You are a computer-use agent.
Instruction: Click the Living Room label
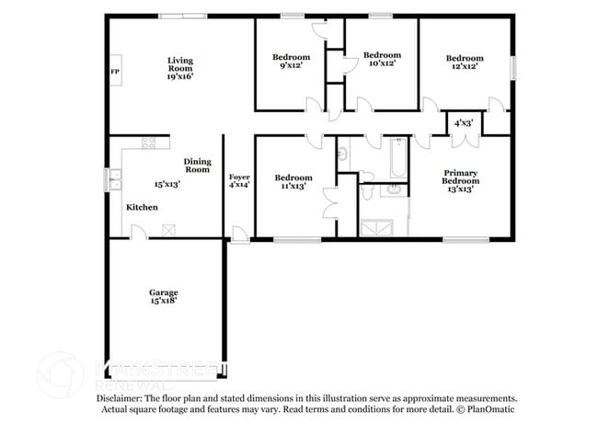point(179,69)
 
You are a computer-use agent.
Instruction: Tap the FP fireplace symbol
point(115,72)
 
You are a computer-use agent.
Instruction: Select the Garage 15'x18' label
point(164,296)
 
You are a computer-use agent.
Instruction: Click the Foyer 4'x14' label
point(238,179)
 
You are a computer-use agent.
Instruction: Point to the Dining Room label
point(198,166)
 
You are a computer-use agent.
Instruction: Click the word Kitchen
point(142,207)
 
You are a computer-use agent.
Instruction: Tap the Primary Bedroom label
point(461,180)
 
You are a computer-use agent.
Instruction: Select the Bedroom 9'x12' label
point(292,61)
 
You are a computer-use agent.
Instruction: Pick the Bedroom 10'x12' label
point(382,58)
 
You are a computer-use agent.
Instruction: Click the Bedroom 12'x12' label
point(465,63)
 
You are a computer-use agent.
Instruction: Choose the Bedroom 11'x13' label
point(292,181)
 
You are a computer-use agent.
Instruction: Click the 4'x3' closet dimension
point(465,121)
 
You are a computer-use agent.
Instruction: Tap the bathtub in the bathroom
point(397,158)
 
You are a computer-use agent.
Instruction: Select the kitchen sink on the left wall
point(115,180)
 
